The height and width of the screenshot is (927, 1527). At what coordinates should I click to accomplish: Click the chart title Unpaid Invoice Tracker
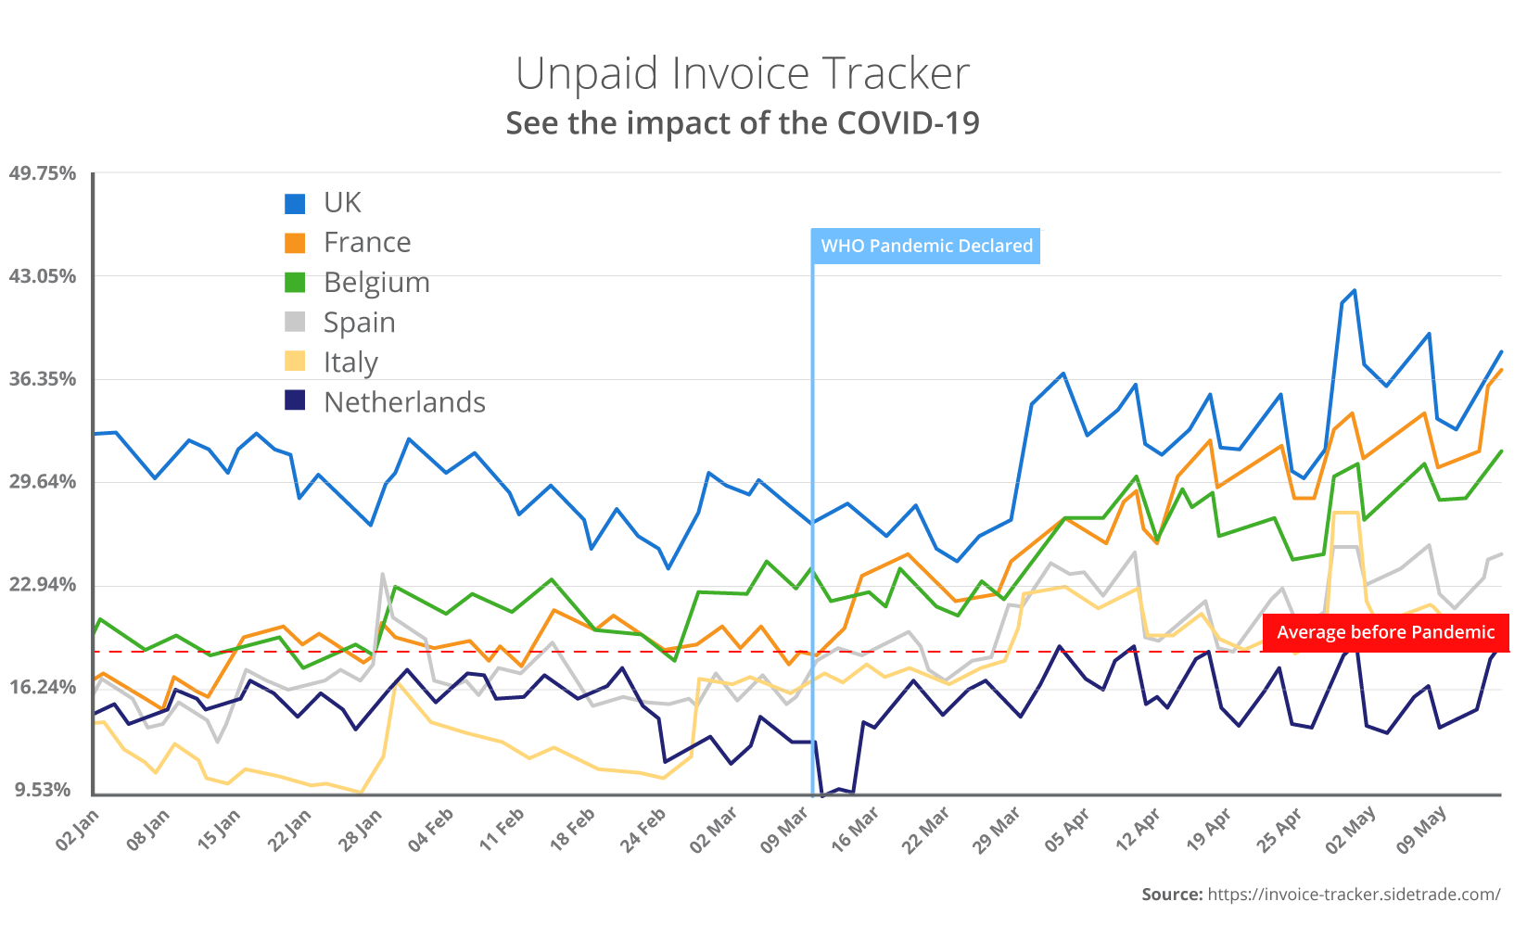742,74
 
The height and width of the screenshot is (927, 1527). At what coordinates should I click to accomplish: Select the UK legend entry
342,203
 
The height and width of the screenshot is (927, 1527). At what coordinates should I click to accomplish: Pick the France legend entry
366,243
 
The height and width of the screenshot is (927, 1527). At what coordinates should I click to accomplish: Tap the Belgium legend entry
375,283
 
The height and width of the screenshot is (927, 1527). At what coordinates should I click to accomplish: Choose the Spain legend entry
359,323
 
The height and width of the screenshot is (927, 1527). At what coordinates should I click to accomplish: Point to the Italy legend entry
350,362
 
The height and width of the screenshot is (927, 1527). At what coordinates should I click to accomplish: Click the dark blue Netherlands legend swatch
295,401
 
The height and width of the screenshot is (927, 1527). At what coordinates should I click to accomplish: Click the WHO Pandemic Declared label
926,246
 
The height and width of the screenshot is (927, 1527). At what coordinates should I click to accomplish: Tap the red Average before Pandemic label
1385,632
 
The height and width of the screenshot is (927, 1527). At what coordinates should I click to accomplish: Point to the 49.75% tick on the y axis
43,173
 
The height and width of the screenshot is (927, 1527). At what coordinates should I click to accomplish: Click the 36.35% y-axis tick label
43,379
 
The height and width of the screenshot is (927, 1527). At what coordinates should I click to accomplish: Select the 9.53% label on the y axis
43,790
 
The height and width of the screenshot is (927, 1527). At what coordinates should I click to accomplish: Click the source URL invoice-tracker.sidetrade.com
1354,895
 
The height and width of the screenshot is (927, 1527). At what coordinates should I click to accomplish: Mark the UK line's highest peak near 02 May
1355,290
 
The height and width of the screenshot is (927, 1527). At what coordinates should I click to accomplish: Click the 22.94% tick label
43,585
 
